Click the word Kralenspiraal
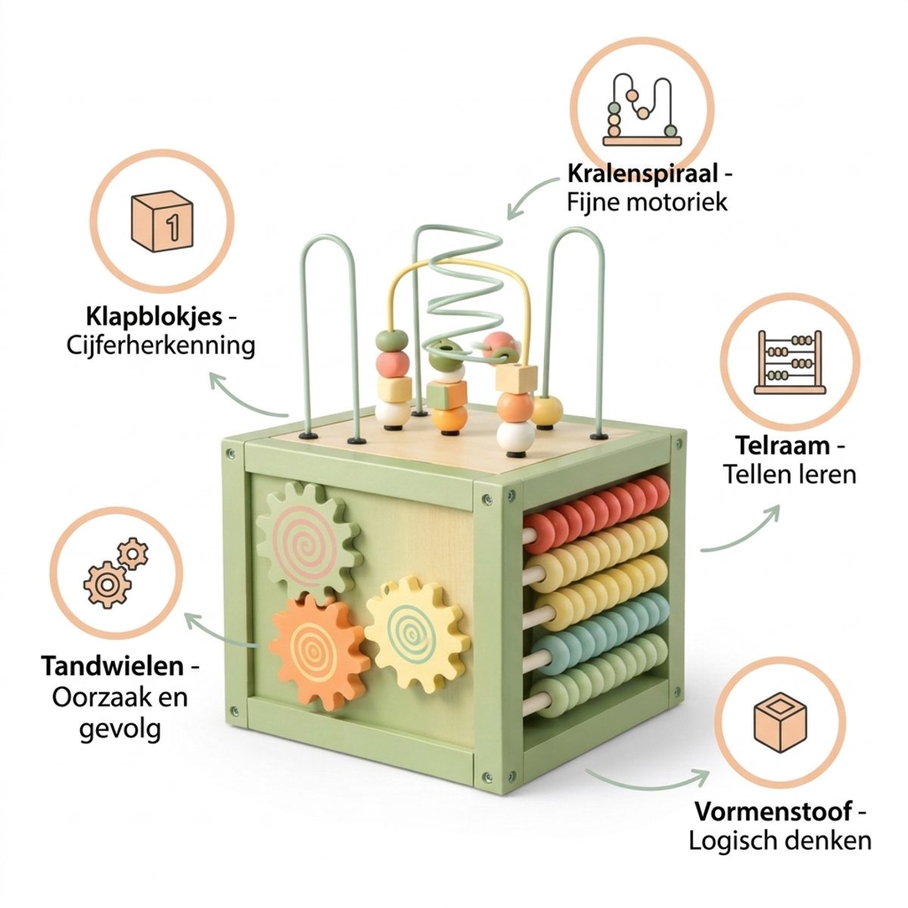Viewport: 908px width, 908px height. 642,174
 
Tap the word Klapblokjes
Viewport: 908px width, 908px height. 154,316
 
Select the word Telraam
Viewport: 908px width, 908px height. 782,445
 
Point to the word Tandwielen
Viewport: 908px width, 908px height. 113,666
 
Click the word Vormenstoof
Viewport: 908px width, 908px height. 773,811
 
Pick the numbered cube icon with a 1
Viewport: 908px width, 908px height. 162,221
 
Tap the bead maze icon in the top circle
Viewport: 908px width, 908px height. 642,109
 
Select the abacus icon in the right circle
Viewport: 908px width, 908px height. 790,362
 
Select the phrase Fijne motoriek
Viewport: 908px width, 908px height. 647,203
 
